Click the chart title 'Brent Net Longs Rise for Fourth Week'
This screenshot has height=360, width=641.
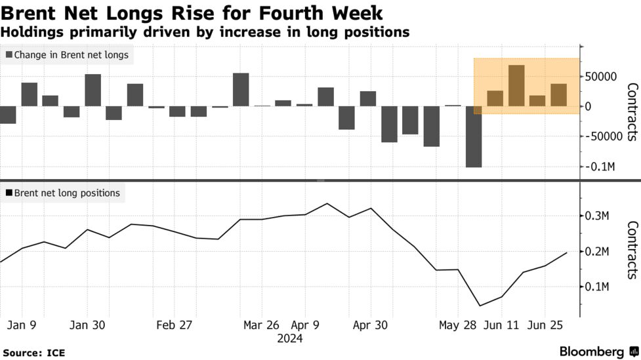(192, 12)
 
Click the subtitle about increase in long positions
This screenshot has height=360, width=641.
(205, 31)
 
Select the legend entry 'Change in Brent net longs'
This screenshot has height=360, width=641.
(67, 55)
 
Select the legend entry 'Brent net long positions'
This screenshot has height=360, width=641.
(62, 193)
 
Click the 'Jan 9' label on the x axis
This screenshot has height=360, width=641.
(22, 325)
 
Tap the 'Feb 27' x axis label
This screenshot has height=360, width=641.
(175, 325)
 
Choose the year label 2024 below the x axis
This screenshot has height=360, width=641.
(289, 338)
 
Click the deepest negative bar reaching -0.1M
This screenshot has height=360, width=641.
(474, 136)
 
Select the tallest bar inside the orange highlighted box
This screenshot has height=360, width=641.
(516, 85)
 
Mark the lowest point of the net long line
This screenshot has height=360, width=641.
(480, 306)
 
